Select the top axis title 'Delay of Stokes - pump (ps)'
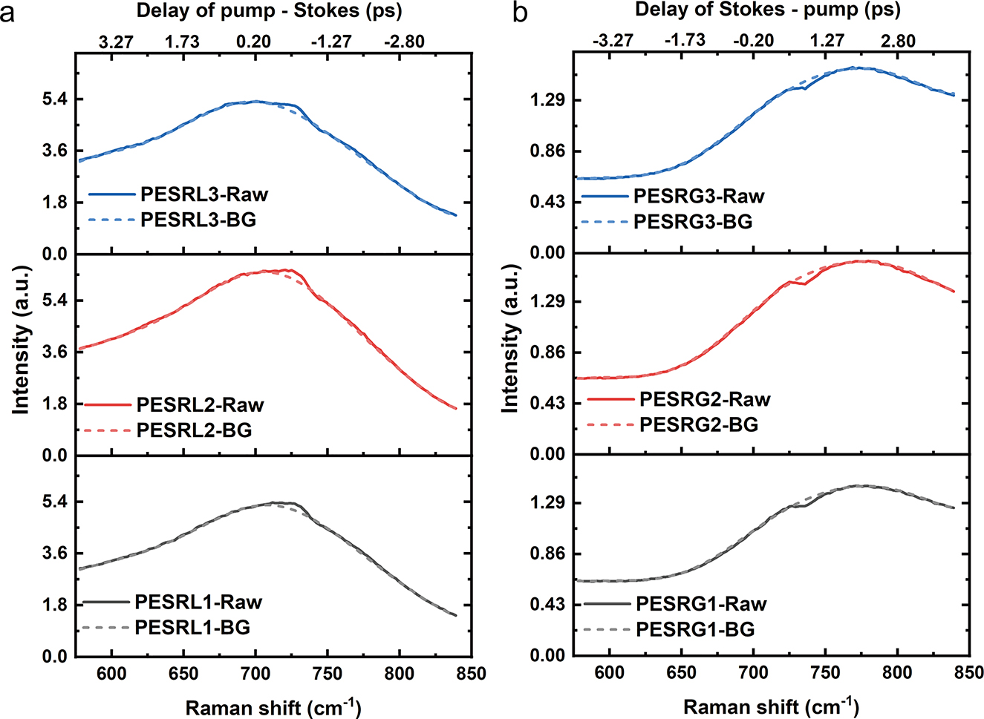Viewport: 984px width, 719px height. (x=768, y=10)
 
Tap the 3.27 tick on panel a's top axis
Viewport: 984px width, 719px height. (x=116, y=41)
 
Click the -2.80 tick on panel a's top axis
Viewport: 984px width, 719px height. (x=404, y=41)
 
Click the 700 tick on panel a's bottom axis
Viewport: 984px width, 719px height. (x=255, y=673)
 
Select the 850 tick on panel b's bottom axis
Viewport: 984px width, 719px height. (x=968, y=673)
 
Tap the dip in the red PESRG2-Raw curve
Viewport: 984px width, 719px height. (x=804, y=283)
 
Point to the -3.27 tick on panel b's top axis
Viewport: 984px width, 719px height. (x=613, y=40)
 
